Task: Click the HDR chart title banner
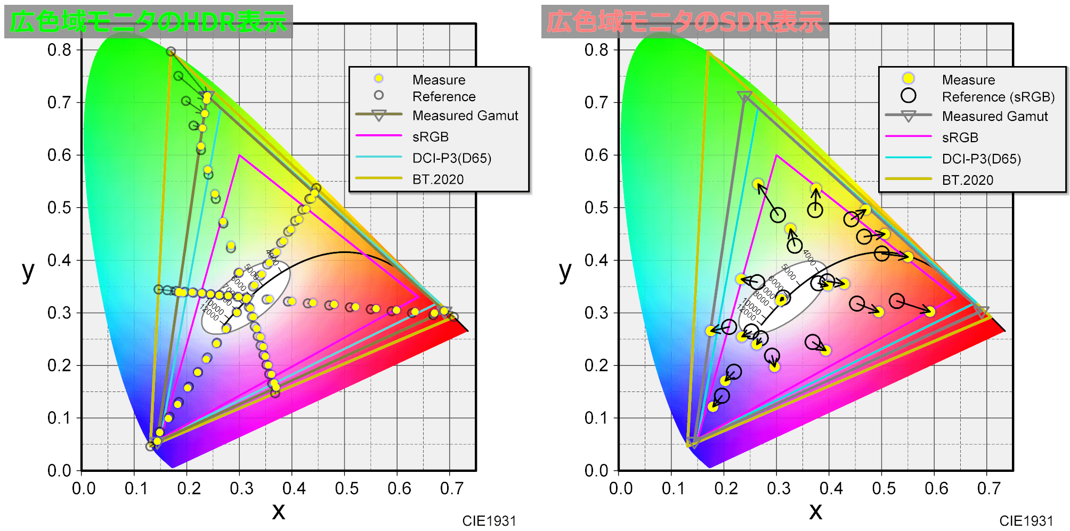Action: pyautogui.click(x=148, y=22)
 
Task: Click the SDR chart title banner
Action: pyautogui.click(x=685, y=22)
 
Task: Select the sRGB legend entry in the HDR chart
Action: pyautogui.click(x=431, y=137)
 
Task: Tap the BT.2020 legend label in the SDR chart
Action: pyautogui.click(x=967, y=180)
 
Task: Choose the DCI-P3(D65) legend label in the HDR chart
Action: pyautogui.click(x=451, y=158)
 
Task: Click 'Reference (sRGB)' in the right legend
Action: pyautogui.click(x=998, y=97)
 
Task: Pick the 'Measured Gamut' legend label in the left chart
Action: pyautogui.click(x=465, y=116)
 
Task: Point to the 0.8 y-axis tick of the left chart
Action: pyautogui.click(x=59, y=50)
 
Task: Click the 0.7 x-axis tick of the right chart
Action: pyautogui.click(x=989, y=488)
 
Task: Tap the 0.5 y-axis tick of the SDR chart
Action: pyautogui.click(x=596, y=208)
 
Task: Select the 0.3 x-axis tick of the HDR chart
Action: pyautogui.click(x=241, y=488)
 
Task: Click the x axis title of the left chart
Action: pyautogui.click(x=278, y=511)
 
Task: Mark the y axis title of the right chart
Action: pyautogui.click(x=565, y=271)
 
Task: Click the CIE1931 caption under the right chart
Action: pyautogui.click(x=1026, y=521)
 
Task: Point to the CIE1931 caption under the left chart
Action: pyautogui.click(x=489, y=521)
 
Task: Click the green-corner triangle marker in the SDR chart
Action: pyautogui.click(x=744, y=97)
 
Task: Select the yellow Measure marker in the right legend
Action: pyautogui.click(x=908, y=79)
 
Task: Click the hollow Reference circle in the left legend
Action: pyautogui.click(x=378, y=95)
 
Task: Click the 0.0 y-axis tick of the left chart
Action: pyautogui.click(x=59, y=471)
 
